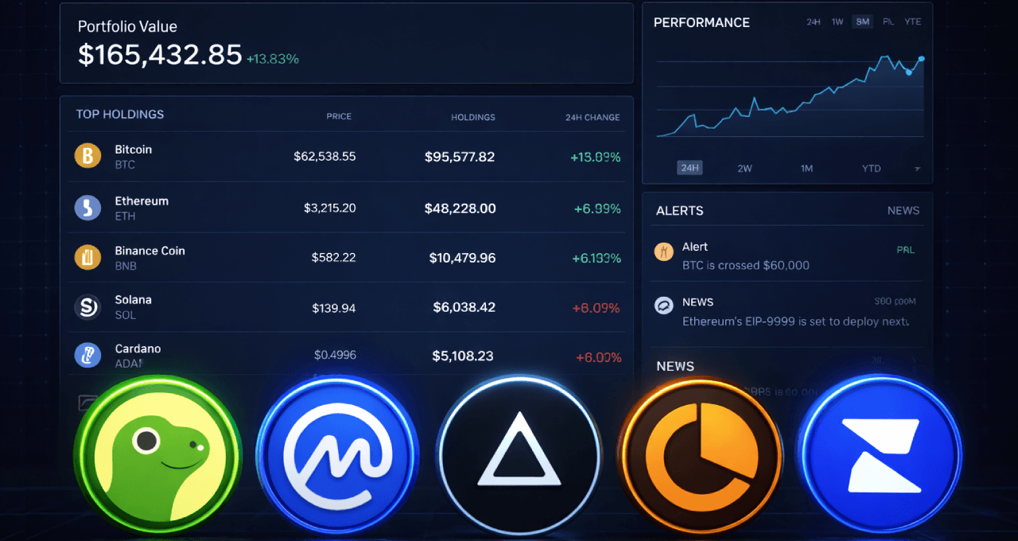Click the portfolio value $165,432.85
click(159, 55)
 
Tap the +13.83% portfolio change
click(273, 59)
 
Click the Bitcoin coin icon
click(87, 156)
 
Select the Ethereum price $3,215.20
click(329, 208)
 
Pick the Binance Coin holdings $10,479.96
click(462, 258)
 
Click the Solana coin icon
click(87, 306)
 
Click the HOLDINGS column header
click(472, 117)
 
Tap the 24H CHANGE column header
click(592, 117)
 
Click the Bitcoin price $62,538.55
click(324, 157)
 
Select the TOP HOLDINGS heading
click(120, 115)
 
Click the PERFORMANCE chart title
click(701, 22)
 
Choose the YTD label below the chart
click(871, 169)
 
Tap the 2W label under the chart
click(744, 169)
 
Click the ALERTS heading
click(679, 211)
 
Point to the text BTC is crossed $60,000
click(745, 265)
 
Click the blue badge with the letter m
click(338, 457)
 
